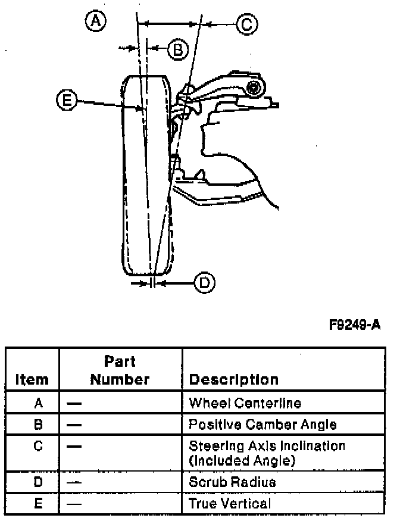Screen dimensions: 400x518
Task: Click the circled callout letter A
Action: (x=95, y=22)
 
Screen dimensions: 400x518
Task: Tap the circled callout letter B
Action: (x=177, y=49)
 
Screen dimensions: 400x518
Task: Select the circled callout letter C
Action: (x=246, y=24)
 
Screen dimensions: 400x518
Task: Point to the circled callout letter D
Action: (x=204, y=282)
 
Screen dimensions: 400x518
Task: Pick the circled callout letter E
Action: (x=67, y=100)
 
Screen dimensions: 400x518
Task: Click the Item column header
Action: (x=32, y=379)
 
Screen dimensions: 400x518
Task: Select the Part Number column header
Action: (x=120, y=370)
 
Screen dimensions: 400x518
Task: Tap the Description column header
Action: (x=233, y=379)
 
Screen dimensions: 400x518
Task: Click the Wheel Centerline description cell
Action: (x=244, y=403)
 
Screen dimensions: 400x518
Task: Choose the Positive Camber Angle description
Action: (x=262, y=425)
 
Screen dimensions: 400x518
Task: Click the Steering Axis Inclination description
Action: (x=266, y=452)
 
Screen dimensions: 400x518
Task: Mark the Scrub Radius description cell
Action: (x=232, y=481)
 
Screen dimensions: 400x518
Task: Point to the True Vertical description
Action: (x=229, y=503)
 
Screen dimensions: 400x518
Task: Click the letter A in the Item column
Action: (x=38, y=403)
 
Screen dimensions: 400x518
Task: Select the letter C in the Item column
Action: (x=38, y=445)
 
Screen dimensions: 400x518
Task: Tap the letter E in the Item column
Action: (x=38, y=503)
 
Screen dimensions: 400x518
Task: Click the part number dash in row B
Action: (x=74, y=425)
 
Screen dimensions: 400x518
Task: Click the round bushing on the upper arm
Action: (x=255, y=89)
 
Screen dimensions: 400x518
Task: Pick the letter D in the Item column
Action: (x=38, y=481)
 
